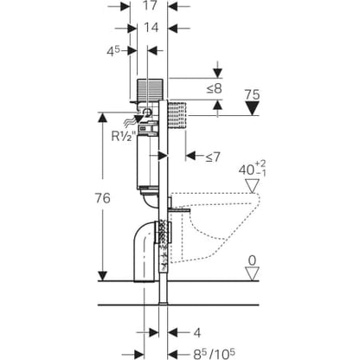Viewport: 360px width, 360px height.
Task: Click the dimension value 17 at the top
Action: point(151,5)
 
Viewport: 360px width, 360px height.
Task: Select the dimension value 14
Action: point(151,28)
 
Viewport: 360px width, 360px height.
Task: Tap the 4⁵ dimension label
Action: point(112,51)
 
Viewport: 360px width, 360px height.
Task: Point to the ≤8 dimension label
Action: point(214,89)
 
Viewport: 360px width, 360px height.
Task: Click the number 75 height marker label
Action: point(252,94)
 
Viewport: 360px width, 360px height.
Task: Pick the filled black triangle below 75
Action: point(253,109)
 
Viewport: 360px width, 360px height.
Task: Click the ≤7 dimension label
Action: point(213,157)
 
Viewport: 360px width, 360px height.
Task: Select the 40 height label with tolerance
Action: point(252,169)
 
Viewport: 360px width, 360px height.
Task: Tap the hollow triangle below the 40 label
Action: point(253,185)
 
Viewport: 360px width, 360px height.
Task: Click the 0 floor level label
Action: point(252,260)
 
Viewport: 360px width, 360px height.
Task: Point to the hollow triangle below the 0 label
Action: point(253,273)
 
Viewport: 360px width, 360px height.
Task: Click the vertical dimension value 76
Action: point(103,198)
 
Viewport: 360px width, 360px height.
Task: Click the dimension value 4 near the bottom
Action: point(197,333)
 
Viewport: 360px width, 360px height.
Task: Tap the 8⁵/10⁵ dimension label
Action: point(215,354)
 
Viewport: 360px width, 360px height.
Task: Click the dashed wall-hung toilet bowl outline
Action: point(215,228)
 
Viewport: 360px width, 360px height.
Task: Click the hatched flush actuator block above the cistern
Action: point(150,89)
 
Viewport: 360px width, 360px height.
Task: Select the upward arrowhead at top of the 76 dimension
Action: point(103,119)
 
